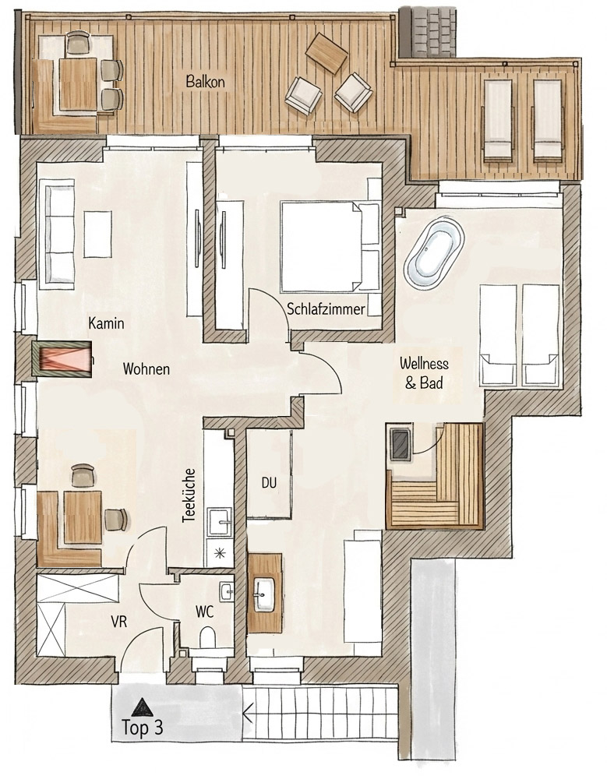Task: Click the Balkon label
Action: pos(205,81)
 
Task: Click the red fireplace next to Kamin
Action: pos(62,358)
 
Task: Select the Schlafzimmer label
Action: pos(326,309)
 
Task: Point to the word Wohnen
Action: pos(146,369)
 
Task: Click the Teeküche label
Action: pos(189,495)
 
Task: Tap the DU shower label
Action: pos(269,482)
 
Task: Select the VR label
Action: pos(119,621)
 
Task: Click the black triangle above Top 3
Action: pos(143,707)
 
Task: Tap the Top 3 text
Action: pos(142,728)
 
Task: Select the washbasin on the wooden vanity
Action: pos(264,594)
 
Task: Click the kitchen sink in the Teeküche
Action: pos(219,521)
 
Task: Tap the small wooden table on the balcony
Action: pos(326,53)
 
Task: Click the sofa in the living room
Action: pos(56,234)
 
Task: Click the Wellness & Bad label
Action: pos(424,373)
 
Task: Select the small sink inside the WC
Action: pos(226,591)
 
